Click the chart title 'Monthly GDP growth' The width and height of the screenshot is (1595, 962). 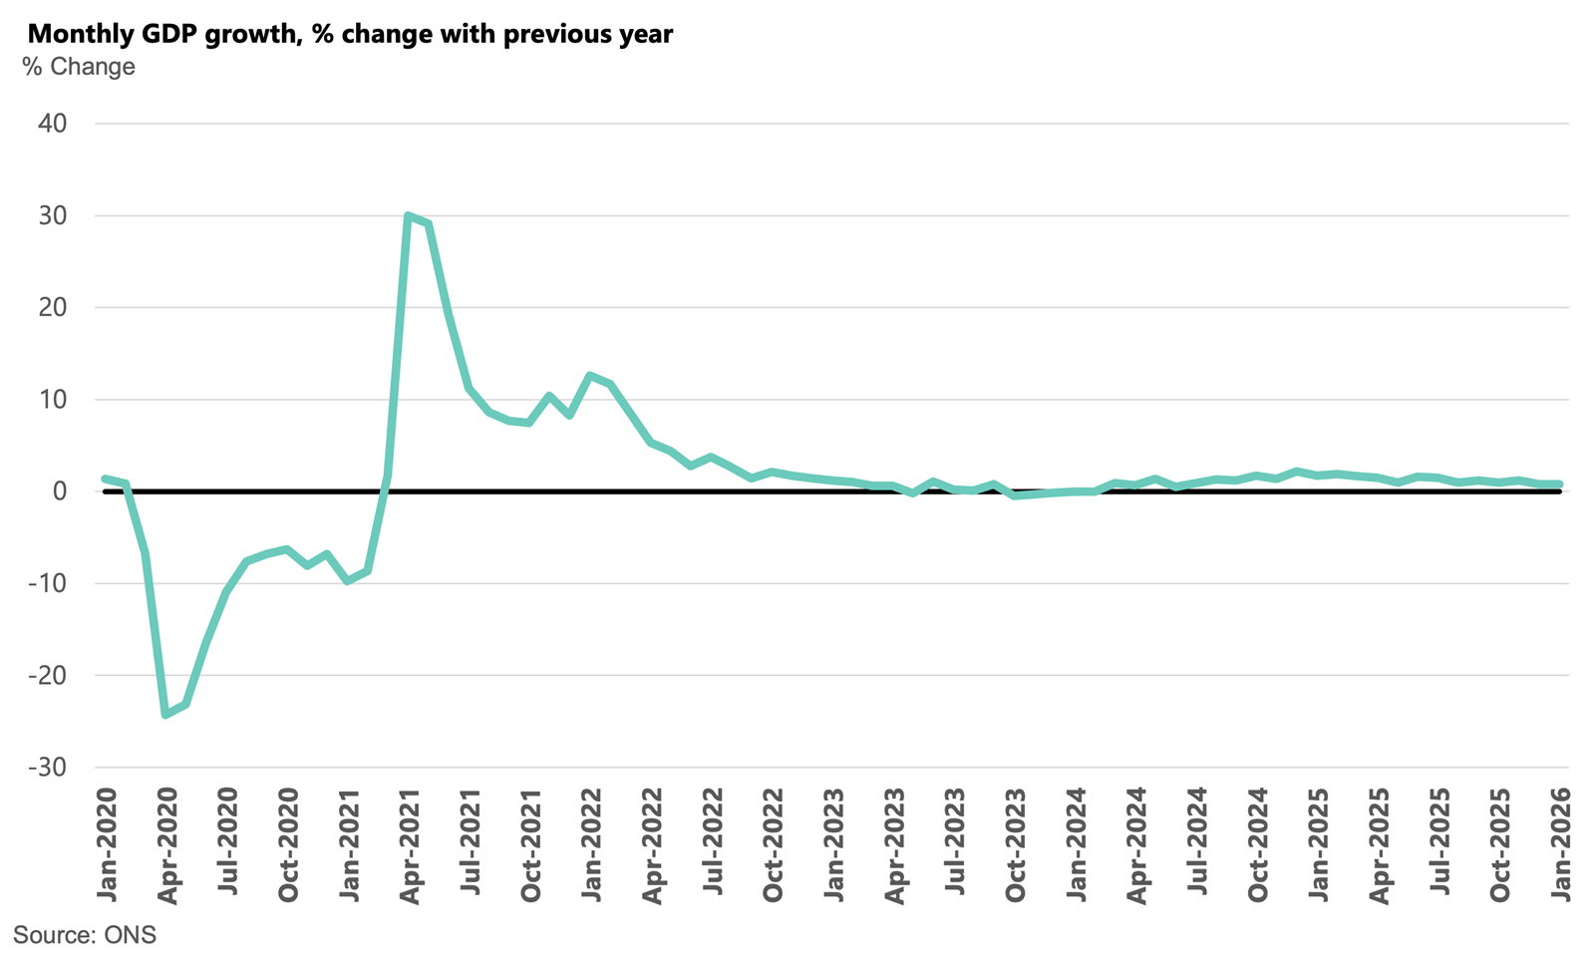point(350,34)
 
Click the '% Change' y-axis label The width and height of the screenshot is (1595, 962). point(79,67)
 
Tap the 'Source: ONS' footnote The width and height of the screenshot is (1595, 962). point(85,935)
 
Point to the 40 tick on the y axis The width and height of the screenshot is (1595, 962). point(52,124)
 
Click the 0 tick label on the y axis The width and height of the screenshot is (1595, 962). point(60,491)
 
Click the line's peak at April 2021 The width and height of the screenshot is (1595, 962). point(408,215)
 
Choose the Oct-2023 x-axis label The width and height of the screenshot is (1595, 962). point(1016,845)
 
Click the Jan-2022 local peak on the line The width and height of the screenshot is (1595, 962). point(590,376)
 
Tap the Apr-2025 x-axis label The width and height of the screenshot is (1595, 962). point(1380,845)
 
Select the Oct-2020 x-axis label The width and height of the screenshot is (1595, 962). point(288,845)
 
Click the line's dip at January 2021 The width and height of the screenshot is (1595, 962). point(347,580)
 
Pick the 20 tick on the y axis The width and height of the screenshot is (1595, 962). point(52,308)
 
